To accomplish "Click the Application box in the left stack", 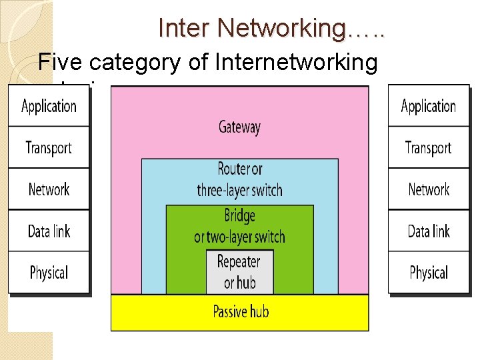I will [49, 105].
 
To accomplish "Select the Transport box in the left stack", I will [49, 147].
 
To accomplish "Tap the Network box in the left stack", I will [49, 189].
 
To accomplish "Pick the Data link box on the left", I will [49, 231].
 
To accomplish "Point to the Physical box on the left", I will [49, 272].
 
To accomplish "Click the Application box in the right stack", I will [429, 105].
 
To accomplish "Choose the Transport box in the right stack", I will [429, 147].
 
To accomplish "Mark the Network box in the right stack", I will [429, 189].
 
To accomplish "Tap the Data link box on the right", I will [429, 231].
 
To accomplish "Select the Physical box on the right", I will [429, 272].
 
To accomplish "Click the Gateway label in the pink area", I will [239, 127].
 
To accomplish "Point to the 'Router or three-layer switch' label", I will [239, 180].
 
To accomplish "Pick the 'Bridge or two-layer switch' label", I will [239, 226].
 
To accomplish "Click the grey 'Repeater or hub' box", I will [239, 271].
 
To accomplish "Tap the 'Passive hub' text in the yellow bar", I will [241, 311].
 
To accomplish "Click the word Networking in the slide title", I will [281, 28].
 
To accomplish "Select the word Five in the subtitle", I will [61, 62].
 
